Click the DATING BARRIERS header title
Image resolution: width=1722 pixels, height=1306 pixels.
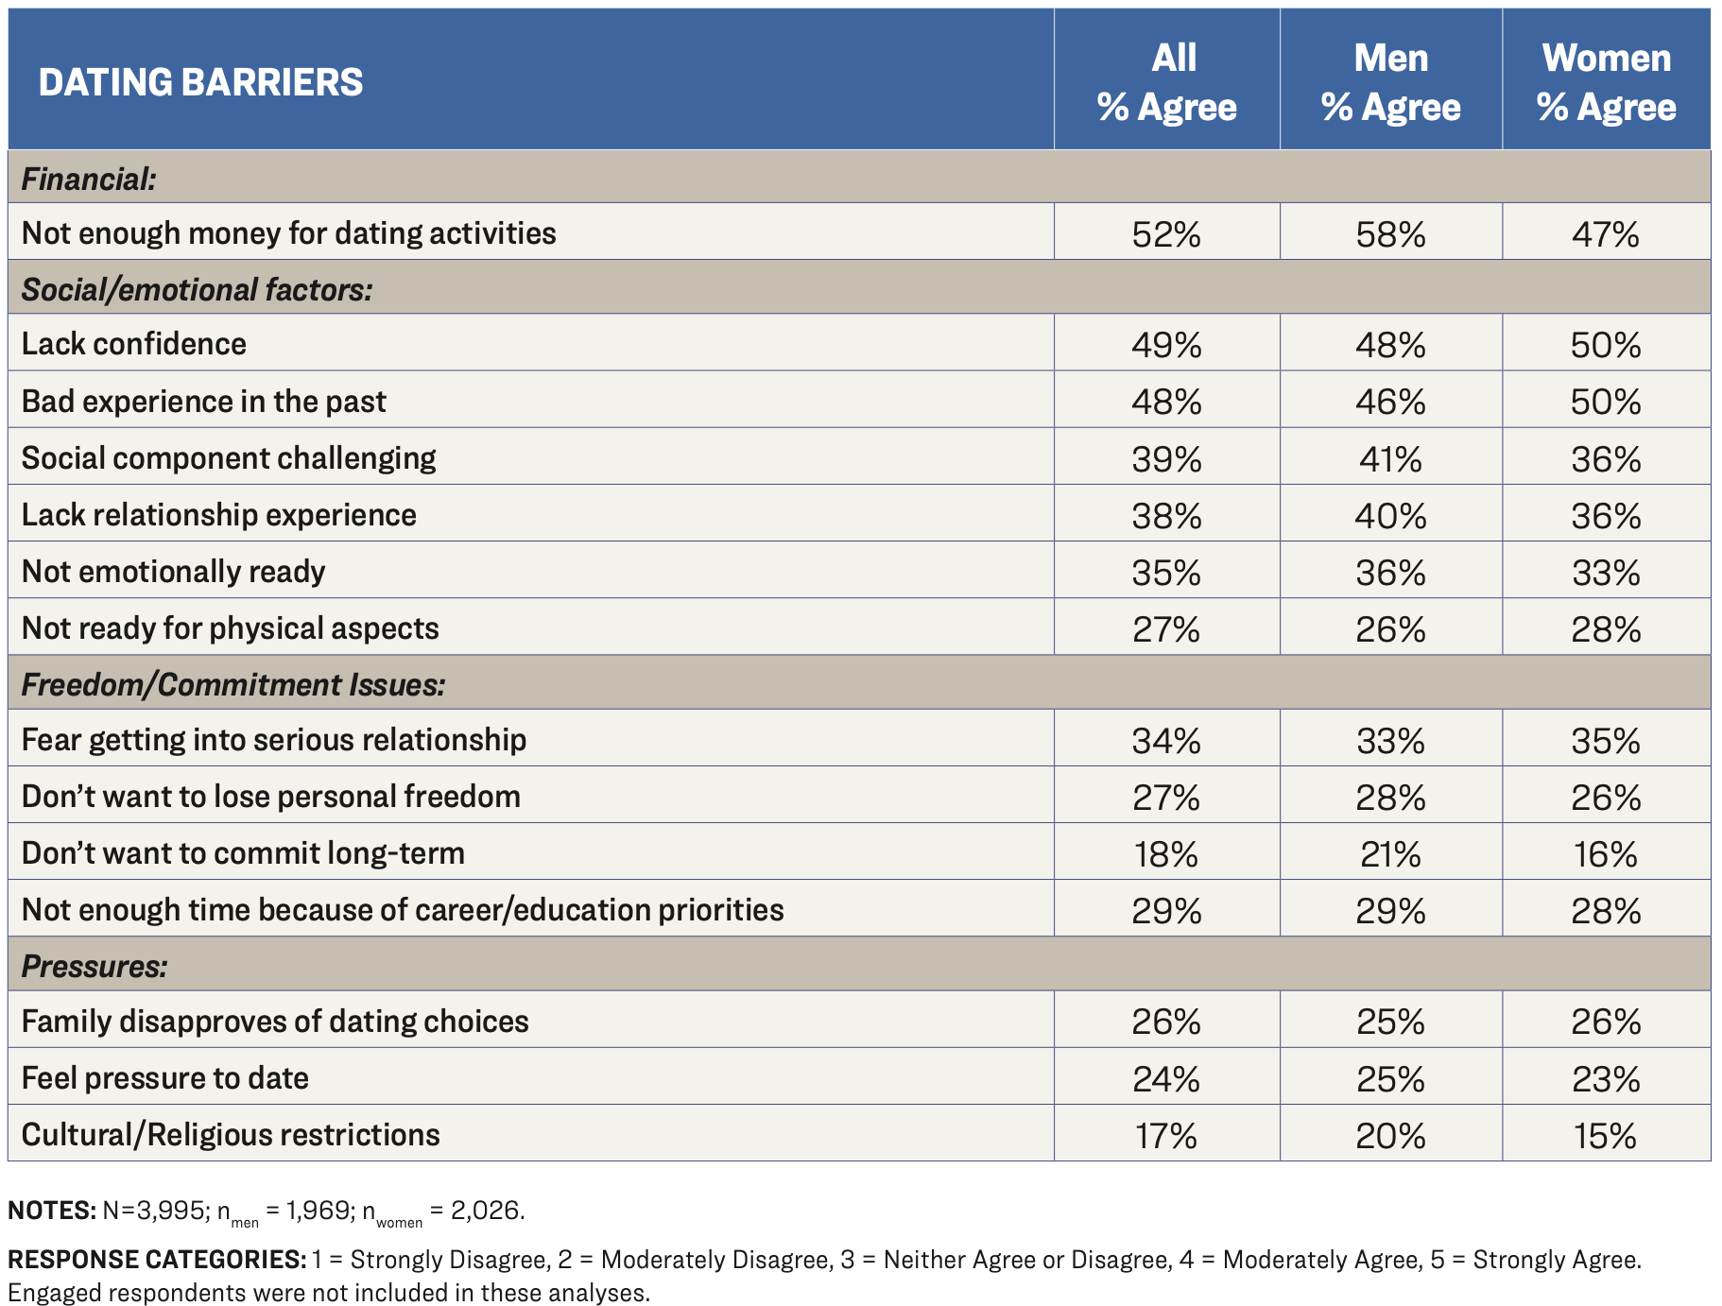200,82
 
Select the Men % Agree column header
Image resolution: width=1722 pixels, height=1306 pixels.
1390,82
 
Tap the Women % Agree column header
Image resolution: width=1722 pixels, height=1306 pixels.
1606,82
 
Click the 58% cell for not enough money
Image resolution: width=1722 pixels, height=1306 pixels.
1390,233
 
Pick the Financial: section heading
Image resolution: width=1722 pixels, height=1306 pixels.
89,179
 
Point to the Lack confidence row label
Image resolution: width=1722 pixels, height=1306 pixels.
133,344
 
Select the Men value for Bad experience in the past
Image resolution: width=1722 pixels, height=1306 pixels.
1390,402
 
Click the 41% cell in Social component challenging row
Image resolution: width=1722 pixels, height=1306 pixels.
1390,459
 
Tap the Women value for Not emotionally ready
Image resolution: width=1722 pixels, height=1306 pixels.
1606,573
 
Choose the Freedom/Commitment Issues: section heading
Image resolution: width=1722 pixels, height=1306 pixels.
232,684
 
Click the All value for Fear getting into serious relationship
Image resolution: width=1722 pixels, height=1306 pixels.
1166,740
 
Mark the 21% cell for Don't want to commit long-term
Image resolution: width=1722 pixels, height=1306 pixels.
1390,854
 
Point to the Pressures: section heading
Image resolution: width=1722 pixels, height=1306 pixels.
95,966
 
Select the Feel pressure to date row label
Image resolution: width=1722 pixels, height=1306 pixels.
165,1078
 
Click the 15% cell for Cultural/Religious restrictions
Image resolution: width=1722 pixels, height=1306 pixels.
1606,1135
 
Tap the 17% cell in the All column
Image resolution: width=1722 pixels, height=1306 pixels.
1166,1135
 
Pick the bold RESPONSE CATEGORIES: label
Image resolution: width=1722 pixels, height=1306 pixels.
157,1260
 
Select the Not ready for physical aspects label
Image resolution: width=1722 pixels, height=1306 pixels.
230,628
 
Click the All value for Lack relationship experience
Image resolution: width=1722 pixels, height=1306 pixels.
1166,516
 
